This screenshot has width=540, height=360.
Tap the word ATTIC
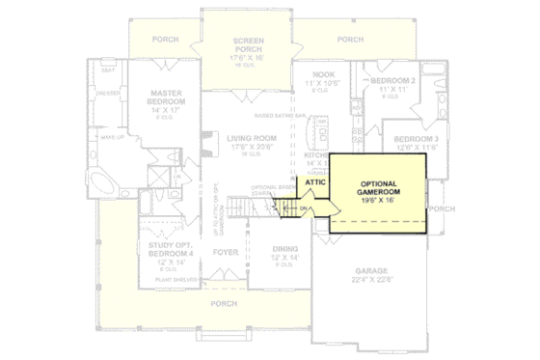click(314, 180)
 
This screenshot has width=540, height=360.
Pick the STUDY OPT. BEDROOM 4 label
click(172, 252)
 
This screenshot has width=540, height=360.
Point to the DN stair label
click(303, 208)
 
